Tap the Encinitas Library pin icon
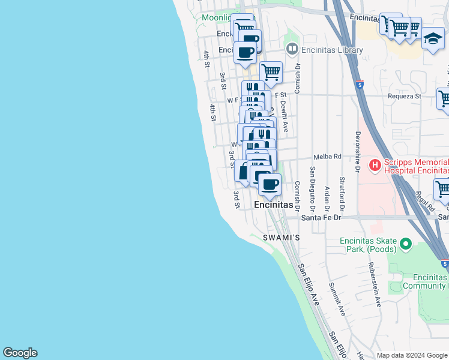(x=292, y=48)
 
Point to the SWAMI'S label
(x=281, y=238)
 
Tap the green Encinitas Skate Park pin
(x=405, y=244)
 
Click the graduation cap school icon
(x=433, y=39)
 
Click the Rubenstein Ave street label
(x=375, y=285)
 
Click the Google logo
(x=20, y=353)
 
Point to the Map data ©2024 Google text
(x=411, y=355)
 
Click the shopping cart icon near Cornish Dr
(x=271, y=73)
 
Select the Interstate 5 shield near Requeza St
(x=360, y=85)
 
